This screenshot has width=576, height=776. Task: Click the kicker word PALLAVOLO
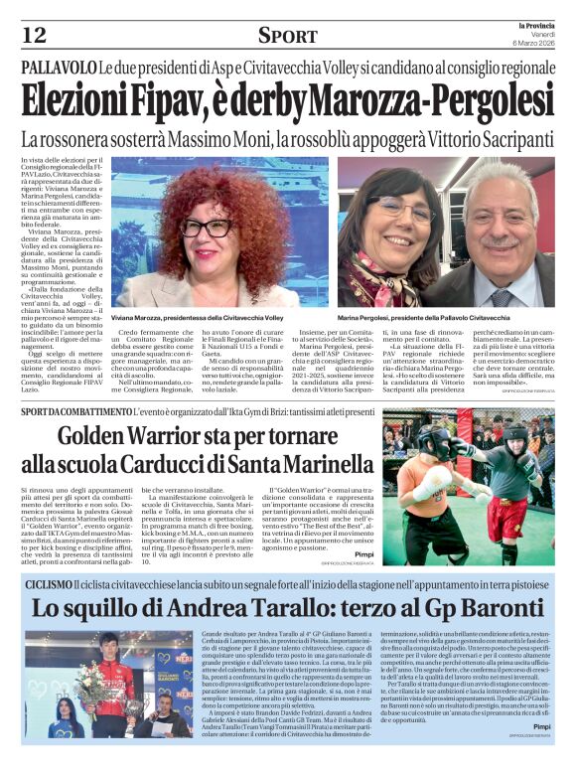(x=58, y=68)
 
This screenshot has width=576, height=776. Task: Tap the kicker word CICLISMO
(x=49, y=583)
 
